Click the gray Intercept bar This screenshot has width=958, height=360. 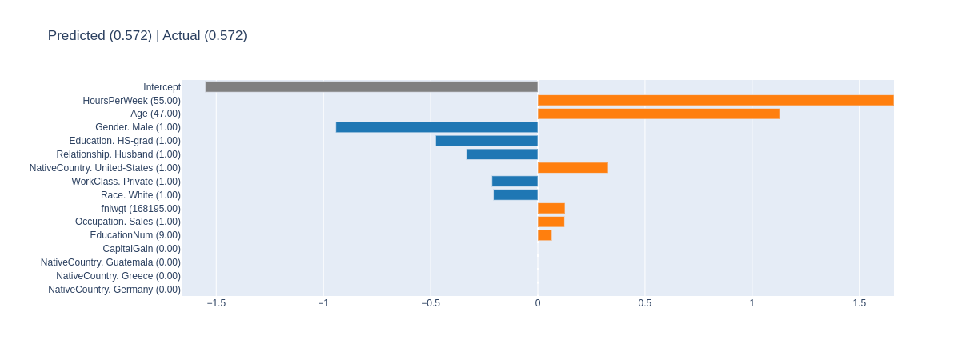coord(371,86)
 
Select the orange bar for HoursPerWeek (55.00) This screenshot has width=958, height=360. coord(715,100)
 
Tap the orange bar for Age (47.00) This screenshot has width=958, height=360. coord(658,114)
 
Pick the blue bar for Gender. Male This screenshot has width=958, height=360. coord(436,127)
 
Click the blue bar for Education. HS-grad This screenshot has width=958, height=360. coord(487,141)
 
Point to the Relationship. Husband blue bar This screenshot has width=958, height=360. coord(502,154)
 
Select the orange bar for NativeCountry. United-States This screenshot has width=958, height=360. coord(572,168)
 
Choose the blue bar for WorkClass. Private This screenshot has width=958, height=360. coord(515,182)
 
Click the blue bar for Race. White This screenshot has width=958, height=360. coord(515,194)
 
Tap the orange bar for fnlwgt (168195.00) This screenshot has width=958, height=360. coord(551,208)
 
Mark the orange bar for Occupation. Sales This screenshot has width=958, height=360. coord(551,222)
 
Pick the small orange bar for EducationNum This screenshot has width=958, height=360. coord(544,235)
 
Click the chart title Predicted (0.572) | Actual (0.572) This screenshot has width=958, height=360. coord(147,35)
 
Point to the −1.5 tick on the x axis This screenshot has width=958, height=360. coord(216,303)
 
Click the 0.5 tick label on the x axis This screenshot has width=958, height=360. coord(644,303)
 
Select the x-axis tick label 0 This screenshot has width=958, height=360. coord(538,303)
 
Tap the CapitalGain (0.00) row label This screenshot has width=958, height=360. coord(142,249)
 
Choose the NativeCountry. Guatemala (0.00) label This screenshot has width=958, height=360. coord(110,262)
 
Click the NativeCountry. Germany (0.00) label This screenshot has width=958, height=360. coord(114,290)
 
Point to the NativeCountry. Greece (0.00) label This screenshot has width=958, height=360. coord(118,276)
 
